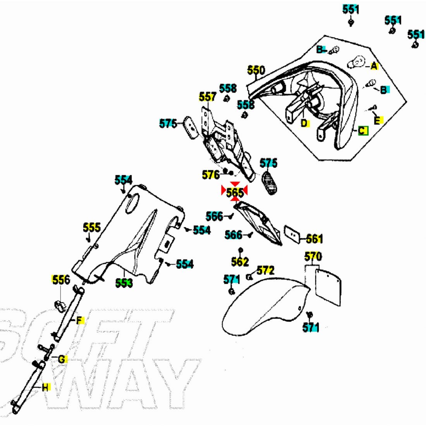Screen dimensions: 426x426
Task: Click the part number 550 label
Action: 256,70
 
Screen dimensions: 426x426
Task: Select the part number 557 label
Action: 208,96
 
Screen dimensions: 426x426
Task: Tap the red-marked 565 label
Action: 235,192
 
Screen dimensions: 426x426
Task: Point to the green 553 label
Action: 124,283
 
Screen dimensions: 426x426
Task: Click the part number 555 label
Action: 92,227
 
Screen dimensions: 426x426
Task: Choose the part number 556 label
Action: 61,280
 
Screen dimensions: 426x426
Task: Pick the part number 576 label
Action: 211,175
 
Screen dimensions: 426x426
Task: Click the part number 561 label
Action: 314,239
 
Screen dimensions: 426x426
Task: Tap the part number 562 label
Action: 240,262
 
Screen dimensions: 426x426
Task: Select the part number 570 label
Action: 313,256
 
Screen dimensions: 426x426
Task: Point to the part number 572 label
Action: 265,270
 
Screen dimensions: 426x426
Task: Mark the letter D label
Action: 305,123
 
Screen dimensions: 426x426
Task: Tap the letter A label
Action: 374,66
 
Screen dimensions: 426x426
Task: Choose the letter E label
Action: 378,120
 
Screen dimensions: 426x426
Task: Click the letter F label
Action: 80,321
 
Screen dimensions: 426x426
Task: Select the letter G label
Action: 62,359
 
